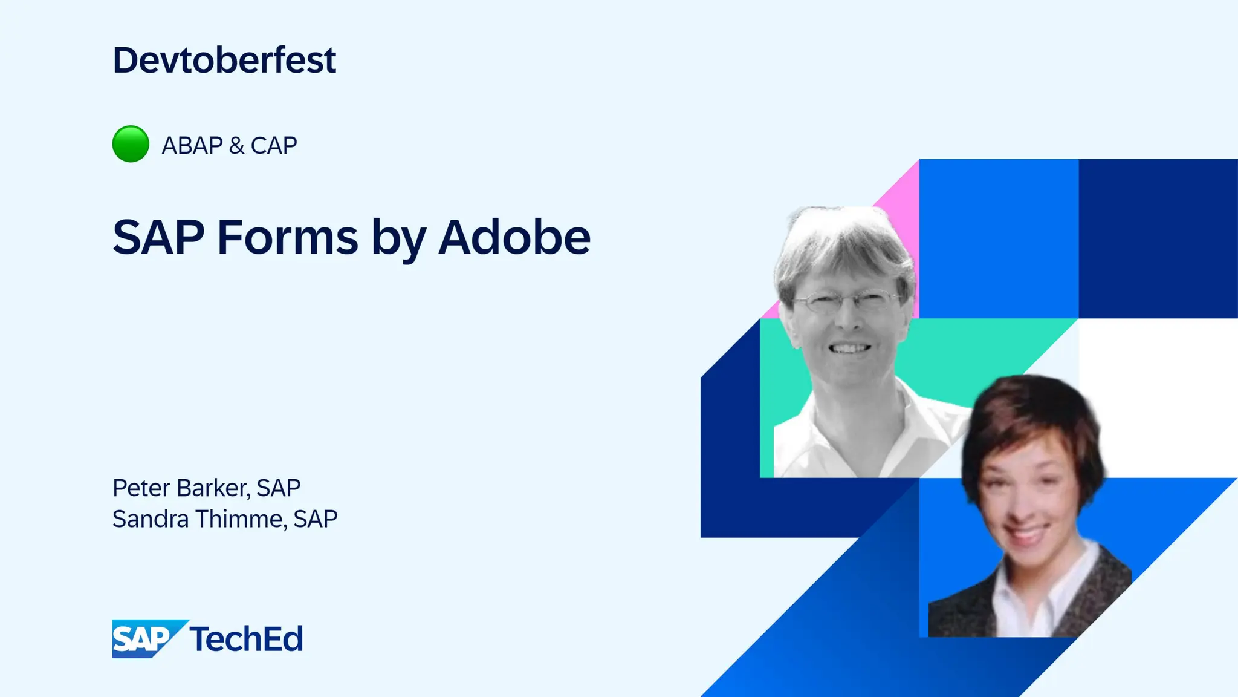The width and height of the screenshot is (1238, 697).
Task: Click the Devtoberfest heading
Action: (224, 61)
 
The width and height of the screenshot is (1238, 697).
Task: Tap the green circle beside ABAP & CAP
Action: (131, 144)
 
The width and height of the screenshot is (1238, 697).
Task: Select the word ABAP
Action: (192, 146)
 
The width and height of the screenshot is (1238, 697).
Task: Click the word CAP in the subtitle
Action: (274, 146)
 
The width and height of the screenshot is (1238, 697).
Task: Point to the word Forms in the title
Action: (287, 237)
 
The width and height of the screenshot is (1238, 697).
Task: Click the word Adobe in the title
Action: (514, 237)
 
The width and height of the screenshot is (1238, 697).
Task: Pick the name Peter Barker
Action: (180, 488)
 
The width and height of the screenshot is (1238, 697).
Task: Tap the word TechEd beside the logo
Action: (246, 640)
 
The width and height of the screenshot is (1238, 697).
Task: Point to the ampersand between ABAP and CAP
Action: (237, 146)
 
